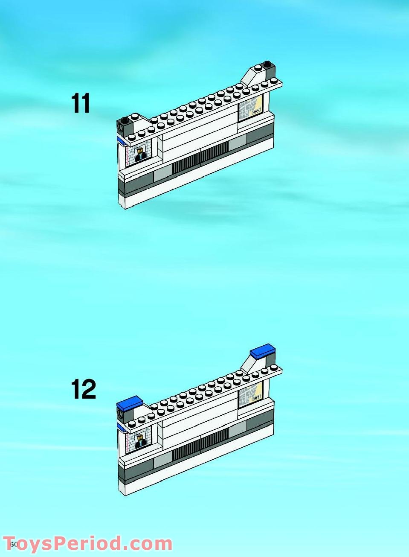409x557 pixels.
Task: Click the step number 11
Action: point(81,104)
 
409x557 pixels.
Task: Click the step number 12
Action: point(83,389)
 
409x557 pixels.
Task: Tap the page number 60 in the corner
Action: point(14,544)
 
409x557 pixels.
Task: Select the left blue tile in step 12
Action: point(130,402)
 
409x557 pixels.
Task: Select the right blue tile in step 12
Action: point(262,351)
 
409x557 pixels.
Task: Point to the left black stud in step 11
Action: point(125,120)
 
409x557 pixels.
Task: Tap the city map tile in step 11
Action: point(250,108)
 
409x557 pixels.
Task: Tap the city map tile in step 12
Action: point(250,394)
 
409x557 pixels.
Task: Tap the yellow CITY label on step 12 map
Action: point(256,398)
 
